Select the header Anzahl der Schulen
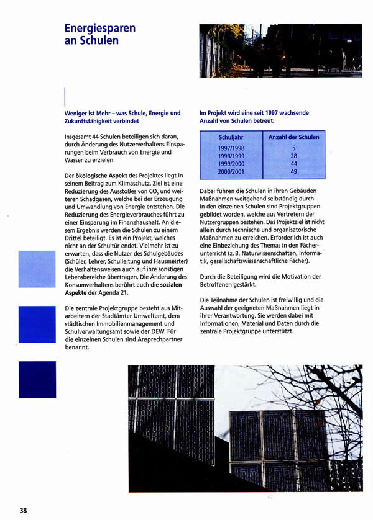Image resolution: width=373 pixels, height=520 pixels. (294, 137)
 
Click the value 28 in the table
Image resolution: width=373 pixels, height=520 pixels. (294, 156)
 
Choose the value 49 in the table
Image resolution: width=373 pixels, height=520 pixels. (294, 171)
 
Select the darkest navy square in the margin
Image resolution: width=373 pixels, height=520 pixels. (37, 379)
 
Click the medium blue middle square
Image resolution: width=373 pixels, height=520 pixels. (37, 324)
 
